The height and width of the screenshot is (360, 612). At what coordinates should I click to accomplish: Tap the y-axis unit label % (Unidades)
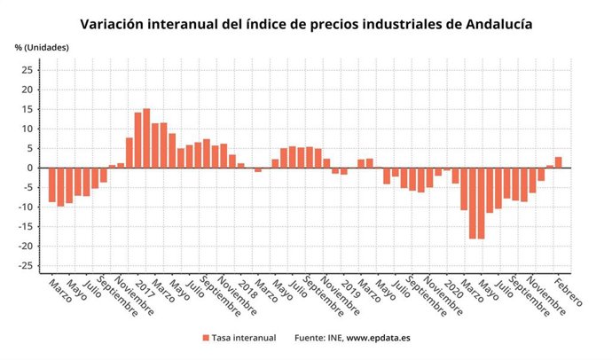[42, 46]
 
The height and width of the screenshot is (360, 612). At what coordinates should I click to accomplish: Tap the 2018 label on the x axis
[246, 286]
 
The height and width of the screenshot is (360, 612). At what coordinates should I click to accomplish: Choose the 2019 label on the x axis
[348, 286]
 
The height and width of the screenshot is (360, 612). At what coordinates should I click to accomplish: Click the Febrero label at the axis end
[568, 292]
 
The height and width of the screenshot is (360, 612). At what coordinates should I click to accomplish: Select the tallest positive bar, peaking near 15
[146, 137]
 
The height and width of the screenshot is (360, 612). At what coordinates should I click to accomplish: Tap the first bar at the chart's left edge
[52, 184]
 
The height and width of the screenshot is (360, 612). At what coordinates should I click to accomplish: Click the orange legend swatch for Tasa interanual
[206, 338]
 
